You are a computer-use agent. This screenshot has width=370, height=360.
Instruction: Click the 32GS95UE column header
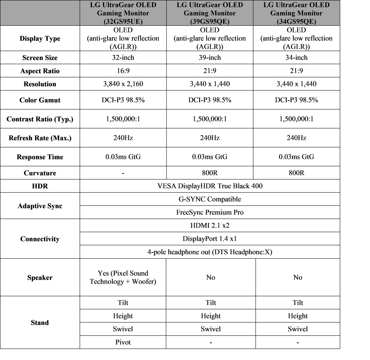tap(123, 13)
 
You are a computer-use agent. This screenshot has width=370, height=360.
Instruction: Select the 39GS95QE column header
tap(210, 13)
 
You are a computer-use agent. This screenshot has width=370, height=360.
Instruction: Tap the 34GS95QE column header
tap(296, 13)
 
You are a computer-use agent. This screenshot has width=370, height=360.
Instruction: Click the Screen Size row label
tap(40, 58)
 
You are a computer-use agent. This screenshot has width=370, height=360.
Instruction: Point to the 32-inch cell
tap(123, 58)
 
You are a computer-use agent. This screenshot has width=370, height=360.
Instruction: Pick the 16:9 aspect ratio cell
tap(123, 71)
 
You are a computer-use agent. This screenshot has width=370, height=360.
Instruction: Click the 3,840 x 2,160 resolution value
tap(123, 84)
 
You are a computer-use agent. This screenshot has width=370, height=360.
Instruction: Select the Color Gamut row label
tap(40, 100)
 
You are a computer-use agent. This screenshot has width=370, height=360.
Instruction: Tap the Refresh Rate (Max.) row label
tap(40, 138)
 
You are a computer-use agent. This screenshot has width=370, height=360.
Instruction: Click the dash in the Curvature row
tap(123, 173)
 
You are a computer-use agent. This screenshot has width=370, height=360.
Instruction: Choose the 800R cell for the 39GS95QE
tap(210, 173)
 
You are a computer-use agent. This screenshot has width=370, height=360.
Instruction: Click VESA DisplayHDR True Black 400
tap(210, 186)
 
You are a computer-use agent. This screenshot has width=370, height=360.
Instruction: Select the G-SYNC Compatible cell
tap(210, 199)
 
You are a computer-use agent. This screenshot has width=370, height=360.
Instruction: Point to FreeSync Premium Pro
tap(210, 212)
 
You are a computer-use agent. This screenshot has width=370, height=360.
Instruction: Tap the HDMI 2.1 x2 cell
tap(210, 225)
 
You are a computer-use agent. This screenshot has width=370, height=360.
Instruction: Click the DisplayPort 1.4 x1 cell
tap(210, 239)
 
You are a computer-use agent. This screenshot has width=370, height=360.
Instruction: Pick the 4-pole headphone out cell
tap(210, 252)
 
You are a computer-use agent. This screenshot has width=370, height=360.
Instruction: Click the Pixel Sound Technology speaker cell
tap(123, 277)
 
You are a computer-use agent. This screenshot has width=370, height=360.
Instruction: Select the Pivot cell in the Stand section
tap(123, 342)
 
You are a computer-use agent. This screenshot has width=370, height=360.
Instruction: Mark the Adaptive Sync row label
tap(40, 206)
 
